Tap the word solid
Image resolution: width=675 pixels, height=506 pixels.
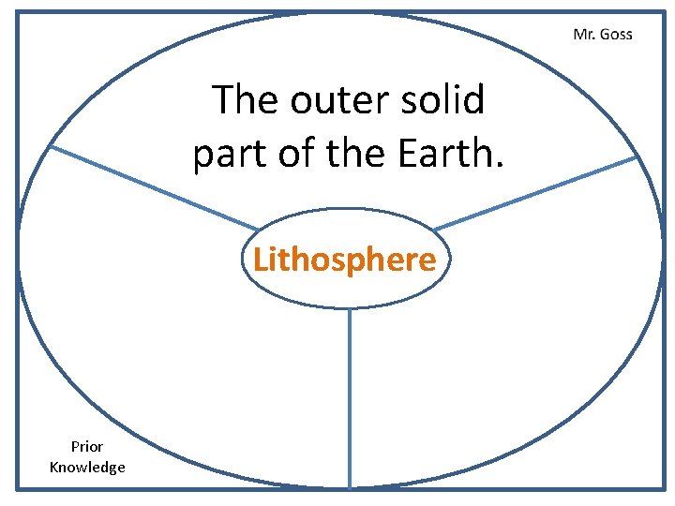tap(443, 99)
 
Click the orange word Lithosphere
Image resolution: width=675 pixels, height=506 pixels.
tap(345, 259)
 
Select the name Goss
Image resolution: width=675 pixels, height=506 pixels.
tap(615, 35)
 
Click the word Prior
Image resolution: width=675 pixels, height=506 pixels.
tap(87, 447)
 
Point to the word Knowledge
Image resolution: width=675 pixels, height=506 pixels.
tap(87, 467)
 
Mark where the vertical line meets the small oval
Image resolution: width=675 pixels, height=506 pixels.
tap(350, 308)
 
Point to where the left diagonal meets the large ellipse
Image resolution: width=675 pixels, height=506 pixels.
tap(50, 146)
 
